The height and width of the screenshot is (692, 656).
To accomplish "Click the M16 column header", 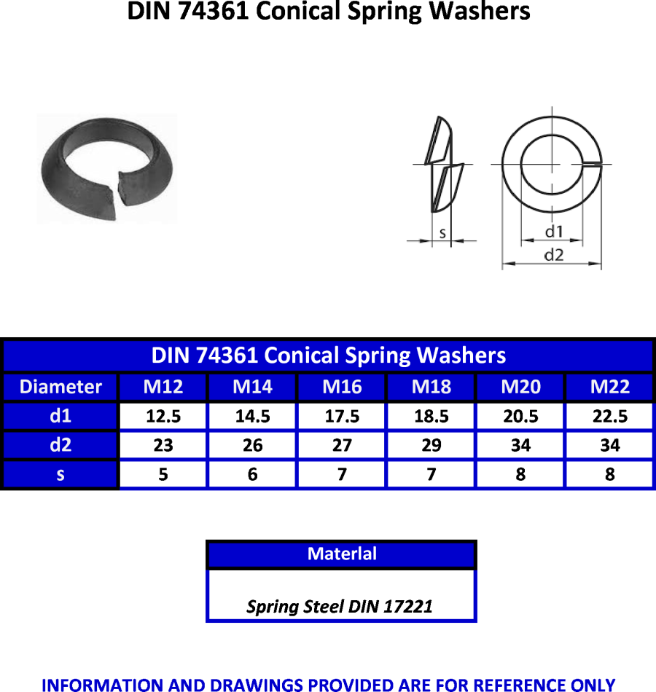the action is pos(342,387).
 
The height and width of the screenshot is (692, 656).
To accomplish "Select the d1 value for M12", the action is pos(163,416).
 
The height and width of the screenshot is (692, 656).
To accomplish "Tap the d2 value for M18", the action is pos(432,445).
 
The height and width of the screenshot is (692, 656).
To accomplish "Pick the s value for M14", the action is pos(252,474).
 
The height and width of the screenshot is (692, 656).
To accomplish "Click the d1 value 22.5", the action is pos(609,416).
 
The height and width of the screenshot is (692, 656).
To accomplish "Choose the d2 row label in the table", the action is pos(60,445).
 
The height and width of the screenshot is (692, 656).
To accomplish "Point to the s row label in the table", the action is pos(60,475).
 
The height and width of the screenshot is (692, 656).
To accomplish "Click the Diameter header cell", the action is pos(60,387).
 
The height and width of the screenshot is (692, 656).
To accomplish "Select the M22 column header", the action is pos(609,387).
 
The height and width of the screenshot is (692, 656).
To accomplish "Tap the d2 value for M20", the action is pos(520,445).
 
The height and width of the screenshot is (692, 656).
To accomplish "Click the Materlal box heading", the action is pos(342,554).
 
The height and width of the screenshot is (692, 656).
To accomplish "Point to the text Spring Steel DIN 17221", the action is pos(339,606).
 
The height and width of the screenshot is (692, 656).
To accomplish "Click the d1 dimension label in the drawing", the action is pos(554,231).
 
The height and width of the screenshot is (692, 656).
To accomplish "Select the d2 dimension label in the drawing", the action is pos(554,255).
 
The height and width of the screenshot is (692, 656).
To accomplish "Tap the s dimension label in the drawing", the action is pos(442,233).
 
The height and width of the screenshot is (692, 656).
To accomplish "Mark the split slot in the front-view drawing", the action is pos(592,165).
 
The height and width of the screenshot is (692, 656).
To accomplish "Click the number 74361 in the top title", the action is pos(214,11).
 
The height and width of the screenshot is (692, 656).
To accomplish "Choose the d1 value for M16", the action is pos(342,416).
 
